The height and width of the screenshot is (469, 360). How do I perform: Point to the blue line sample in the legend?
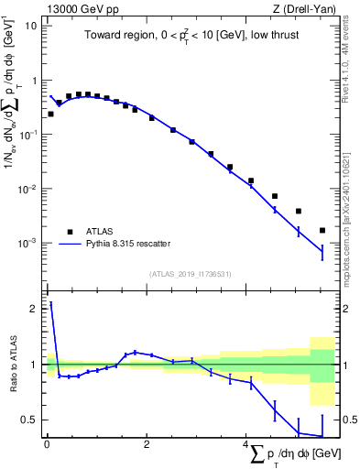click(x=70, y=244)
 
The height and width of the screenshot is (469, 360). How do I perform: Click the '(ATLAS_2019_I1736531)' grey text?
click(x=190, y=274)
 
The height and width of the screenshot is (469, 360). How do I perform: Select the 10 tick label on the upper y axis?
click(x=30, y=26)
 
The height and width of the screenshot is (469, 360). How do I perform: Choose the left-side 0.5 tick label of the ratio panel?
click(x=28, y=420)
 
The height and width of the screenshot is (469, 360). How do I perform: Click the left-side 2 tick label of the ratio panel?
click(x=33, y=309)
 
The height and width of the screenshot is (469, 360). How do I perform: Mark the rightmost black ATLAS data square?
click(x=322, y=230)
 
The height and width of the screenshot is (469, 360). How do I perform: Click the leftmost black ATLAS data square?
click(x=50, y=114)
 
